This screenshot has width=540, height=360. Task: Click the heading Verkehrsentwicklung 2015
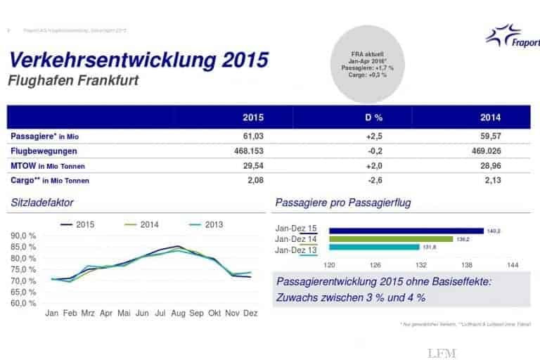tap(138, 59)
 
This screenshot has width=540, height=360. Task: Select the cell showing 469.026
tap(491, 150)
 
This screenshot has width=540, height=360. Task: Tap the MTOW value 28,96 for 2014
tap(491, 165)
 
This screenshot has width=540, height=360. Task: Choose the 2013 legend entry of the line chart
tap(205, 224)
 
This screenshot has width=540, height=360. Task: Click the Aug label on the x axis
tap(179, 313)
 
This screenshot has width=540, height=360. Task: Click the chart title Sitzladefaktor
tap(42, 203)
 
